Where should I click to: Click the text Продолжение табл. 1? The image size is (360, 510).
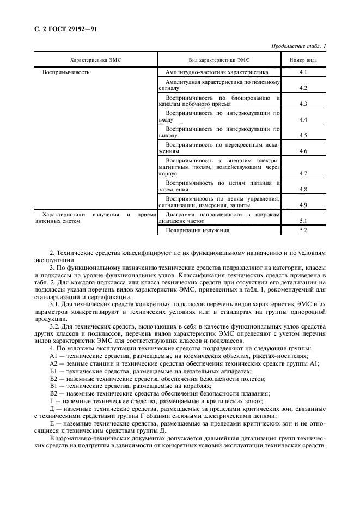(x=298, y=46)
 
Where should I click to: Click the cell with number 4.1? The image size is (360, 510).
(x=304, y=72)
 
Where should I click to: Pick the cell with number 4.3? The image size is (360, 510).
(x=304, y=104)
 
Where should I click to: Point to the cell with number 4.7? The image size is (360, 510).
(x=304, y=173)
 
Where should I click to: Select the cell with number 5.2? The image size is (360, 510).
(x=304, y=230)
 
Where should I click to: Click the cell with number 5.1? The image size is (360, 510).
(x=304, y=221)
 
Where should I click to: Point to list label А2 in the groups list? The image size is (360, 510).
(x=53, y=364)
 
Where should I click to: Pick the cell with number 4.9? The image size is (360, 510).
(x=304, y=205)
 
